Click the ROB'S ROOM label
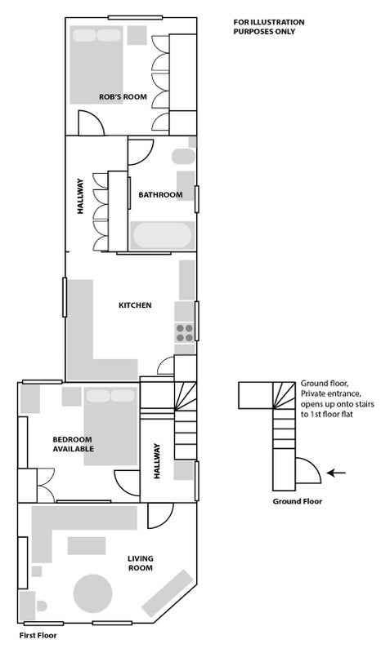[123, 96]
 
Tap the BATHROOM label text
[161, 194]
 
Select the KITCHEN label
[135, 305]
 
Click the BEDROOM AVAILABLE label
[73, 444]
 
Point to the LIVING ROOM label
[140, 563]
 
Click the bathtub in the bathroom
[163, 235]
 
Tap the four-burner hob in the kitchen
[185, 332]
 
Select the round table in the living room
[92, 594]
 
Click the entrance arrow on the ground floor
[336, 473]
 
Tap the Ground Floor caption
[297, 501]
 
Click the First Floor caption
[38, 636]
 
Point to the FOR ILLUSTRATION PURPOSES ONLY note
[269, 27]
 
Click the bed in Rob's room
[96, 65]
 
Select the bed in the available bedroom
[111, 426]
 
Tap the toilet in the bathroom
[183, 156]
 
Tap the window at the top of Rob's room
[135, 17]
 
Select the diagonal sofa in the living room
[168, 593]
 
